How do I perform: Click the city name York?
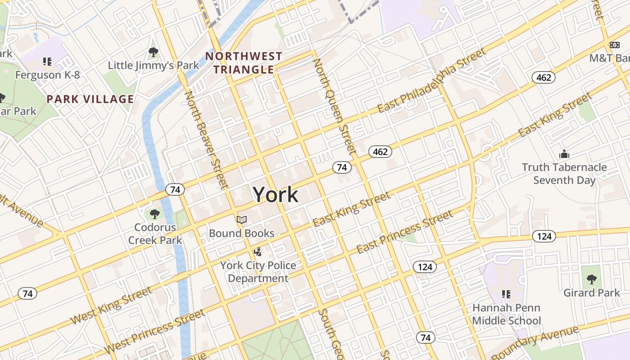tap(275, 194)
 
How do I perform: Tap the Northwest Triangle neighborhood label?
tap(243, 63)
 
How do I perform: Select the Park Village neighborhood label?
tap(90, 99)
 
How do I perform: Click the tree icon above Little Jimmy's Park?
tap(153, 52)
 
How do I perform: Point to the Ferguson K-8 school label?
tap(47, 75)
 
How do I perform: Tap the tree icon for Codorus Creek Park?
tap(155, 214)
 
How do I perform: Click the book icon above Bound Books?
tap(242, 220)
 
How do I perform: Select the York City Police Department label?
tap(258, 272)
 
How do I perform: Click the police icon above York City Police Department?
tap(258, 252)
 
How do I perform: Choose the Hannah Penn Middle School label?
tap(506, 314)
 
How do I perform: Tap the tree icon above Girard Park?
tap(591, 279)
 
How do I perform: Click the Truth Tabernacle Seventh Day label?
tap(564, 174)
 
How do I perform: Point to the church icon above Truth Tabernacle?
tap(564, 154)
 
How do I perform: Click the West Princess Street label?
tap(155, 332)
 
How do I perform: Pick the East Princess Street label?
tap(405, 232)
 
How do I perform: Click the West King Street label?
tap(112, 306)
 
